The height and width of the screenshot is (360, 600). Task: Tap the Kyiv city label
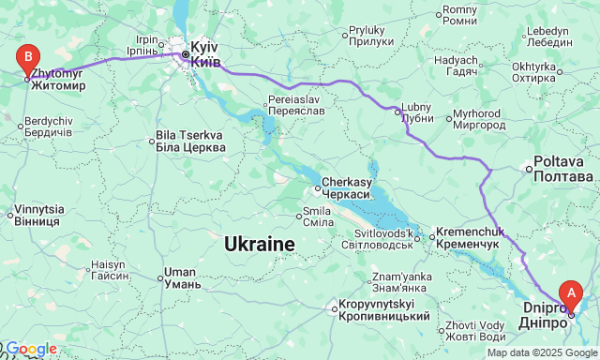[x=205, y=53]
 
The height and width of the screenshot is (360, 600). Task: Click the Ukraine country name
[x=260, y=245]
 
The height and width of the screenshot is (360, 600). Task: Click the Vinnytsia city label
[x=37, y=215]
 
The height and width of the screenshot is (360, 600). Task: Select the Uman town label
[x=180, y=277]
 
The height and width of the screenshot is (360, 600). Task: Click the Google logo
[x=30, y=349]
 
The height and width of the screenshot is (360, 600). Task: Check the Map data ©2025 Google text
[x=541, y=352]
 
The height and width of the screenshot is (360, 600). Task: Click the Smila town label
[x=316, y=217]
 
